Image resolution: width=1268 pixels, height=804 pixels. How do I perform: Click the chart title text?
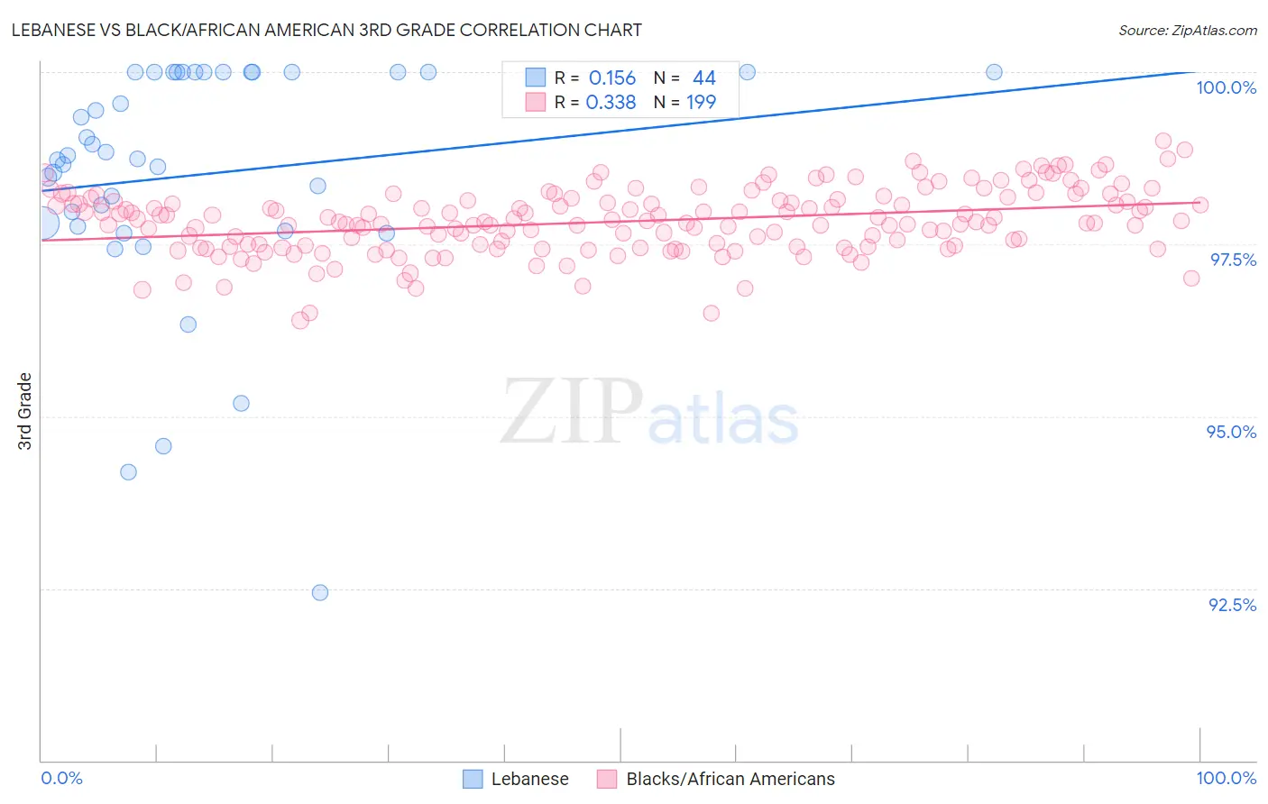pyautogui.click(x=326, y=30)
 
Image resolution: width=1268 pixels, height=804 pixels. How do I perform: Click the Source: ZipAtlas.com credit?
pyautogui.click(x=1187, y=31)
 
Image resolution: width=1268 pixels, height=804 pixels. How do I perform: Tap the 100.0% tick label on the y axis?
pyautogui.click(x=1226, y=87)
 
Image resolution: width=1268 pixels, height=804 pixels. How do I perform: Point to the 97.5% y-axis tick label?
pyautogui.click(x=1232, y=260)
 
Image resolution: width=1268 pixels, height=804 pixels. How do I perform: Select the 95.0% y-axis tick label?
pyautogui.click(x=1231, y=432)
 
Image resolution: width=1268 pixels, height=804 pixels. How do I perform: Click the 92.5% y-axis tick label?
pyautogui.click(x=1232, y=605)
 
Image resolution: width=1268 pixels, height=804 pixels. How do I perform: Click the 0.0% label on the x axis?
pyautogui.click(x=62, y=778)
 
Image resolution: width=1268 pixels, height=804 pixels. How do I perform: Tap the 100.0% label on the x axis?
pyautogui.click(x=1226, y=778)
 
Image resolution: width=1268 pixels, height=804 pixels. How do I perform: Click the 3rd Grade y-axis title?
pyautogui.click(x=25, y=411)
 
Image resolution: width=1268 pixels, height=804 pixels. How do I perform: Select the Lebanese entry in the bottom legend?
pyautogui.click(x=529, y=779)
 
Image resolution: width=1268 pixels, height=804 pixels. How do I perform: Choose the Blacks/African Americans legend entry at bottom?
pyautogui.click(x=730, y=779)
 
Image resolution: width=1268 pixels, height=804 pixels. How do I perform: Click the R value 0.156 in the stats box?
pyautogui.click(x=611, y=78)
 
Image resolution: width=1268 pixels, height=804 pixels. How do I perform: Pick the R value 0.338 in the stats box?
pyautogui.click(x=611, y=103)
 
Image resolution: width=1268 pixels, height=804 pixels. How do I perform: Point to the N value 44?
pyautogui.click(x=703, y=78)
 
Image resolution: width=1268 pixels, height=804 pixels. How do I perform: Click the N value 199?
pyautogui.click(x=701, y=103)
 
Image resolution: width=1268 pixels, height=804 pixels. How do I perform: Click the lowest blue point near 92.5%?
pyautogui.click(x=320, y=592)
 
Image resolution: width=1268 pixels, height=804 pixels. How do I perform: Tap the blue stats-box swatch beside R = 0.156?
pyautogui.click(x=536, y=78)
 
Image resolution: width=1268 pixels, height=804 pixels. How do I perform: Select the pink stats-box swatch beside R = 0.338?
pyautogui.click(x=536, y=102)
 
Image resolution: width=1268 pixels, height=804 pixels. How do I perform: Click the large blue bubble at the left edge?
pyautogui.click(x=42, y=222)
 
